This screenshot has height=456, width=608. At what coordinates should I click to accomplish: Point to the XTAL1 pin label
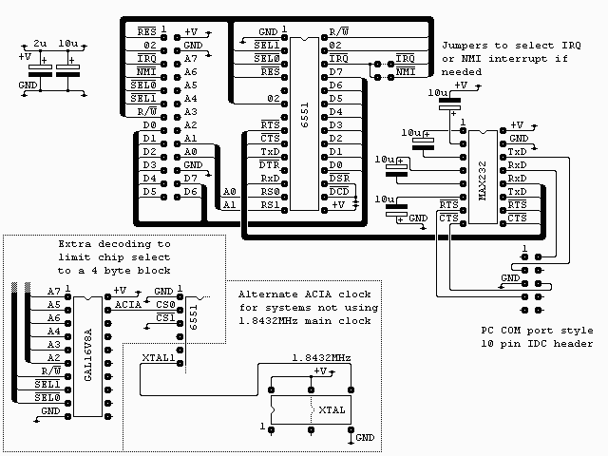[x=158, y=357]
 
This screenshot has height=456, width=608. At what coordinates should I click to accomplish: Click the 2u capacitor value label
[x=40, y=45]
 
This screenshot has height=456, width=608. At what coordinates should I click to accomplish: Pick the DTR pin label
[x=269, y=164]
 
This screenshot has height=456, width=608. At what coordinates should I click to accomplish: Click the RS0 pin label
[x=269, y=191]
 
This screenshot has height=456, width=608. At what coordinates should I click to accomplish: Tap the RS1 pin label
[x=269, y=204]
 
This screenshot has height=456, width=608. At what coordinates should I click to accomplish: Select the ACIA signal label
[x=128, y=304]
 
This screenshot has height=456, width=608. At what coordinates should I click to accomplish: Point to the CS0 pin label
[x=165, y=304]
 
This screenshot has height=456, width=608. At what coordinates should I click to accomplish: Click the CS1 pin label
[x=165, y=317]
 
